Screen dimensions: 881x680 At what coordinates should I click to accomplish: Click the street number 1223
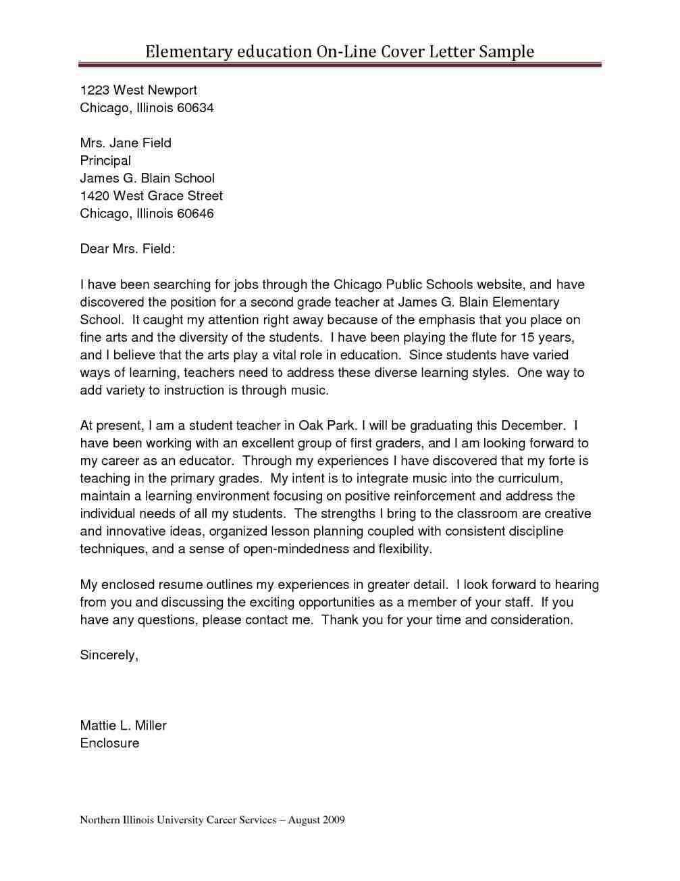pos(94,91)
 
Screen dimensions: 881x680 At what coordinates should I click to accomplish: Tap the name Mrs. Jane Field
pos(126,143)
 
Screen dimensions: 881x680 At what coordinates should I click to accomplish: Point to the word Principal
pos(105,161)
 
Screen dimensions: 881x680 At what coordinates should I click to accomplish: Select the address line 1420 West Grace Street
pos(151,196)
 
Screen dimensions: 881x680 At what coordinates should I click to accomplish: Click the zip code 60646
pos(195,213)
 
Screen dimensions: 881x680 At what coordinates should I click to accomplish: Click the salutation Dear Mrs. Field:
pos(128,249)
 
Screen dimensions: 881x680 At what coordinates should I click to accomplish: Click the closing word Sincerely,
pos(109,655)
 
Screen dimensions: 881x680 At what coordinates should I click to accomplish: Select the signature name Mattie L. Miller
pos(123,726)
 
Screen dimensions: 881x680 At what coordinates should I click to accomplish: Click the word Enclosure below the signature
pos(109,743)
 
